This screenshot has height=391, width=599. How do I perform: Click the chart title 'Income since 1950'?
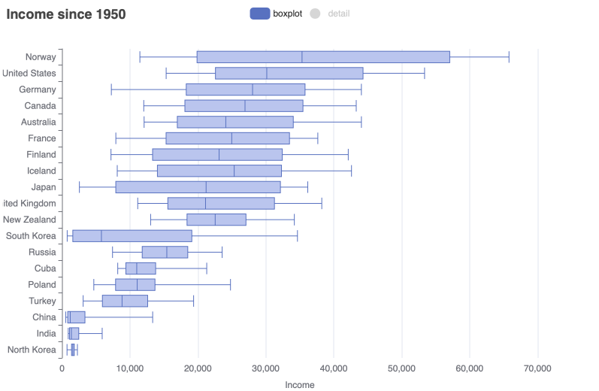pos(66,14)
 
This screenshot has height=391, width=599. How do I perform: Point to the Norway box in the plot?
pos(323,57)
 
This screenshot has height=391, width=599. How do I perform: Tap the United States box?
pos(289,73)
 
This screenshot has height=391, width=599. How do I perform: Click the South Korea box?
pos(132,235)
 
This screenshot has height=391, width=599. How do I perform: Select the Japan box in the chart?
pos(198,186)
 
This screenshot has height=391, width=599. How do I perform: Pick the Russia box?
pos(165,252)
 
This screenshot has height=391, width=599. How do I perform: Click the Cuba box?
pos(141,268)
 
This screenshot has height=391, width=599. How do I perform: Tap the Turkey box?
pos(125,301)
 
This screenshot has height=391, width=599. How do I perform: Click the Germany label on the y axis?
pos(38,89)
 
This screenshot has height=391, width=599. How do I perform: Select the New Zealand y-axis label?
pos(29,220)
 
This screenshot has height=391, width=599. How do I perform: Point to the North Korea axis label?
pos(32,349)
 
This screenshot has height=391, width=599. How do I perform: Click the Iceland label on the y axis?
pos(40,171)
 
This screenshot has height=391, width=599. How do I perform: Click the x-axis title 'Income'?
pos(300,384)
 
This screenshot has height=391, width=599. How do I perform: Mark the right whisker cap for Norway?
pos(509,57)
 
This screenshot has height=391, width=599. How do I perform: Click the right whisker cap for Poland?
pos(230,284)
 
